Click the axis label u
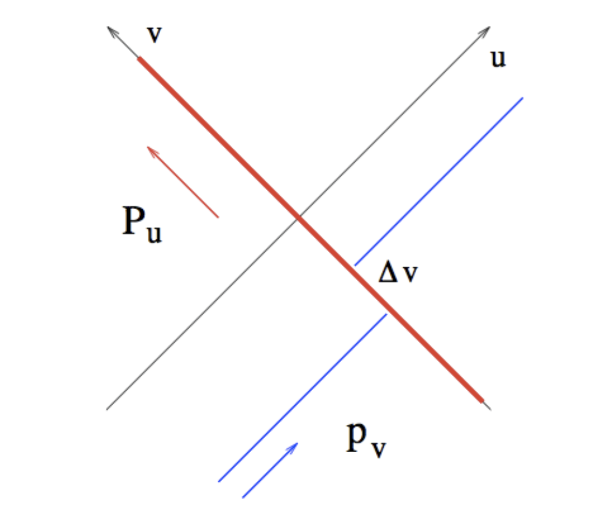click(x=498, y=60)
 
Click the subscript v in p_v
click(x=379, y=450)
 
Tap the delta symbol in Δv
click(x=389, y=275)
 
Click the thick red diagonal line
click(x=231, y=152)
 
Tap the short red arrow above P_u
click(x=183, y=182)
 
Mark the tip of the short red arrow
click(x=148, y=147)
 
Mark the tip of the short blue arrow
click(x=297, y=443)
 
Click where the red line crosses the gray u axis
click(x=297, y=217)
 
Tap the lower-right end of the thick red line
click(x=482, y=400)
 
